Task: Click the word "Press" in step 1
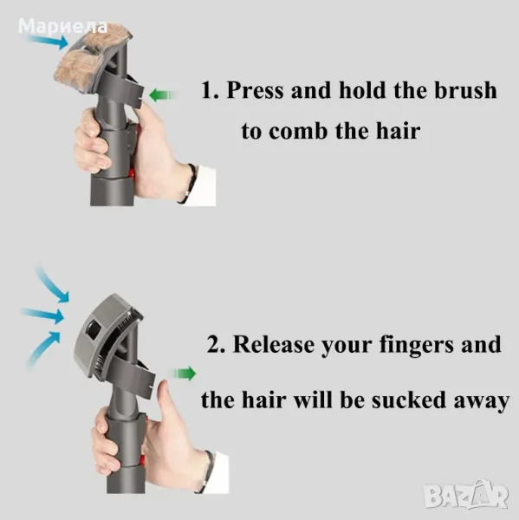(255, 90)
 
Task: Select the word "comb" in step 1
(298, 131)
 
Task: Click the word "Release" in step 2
(274, 344)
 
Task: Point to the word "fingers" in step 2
(416, 346)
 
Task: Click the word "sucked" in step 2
(409, 400)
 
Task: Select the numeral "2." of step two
(217, 344)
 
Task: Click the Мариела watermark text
(63, 27)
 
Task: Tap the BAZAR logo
(467, 495)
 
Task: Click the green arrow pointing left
(163, 95)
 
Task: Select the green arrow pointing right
(184, 374)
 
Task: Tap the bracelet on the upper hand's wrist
(189, 183)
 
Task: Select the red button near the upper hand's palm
(131, 172)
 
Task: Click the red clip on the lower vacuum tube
(143, 459)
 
